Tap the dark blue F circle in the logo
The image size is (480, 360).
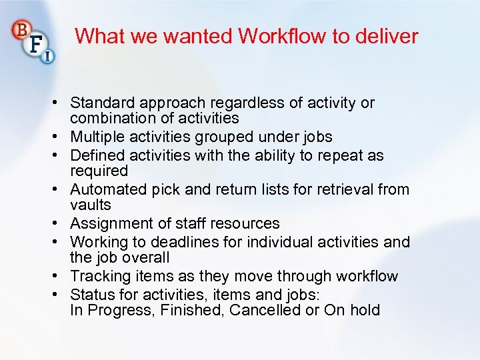click(36, 45)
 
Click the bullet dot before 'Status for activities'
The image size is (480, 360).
click(60, 295)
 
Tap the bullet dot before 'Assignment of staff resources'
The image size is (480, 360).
click(60, 223)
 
